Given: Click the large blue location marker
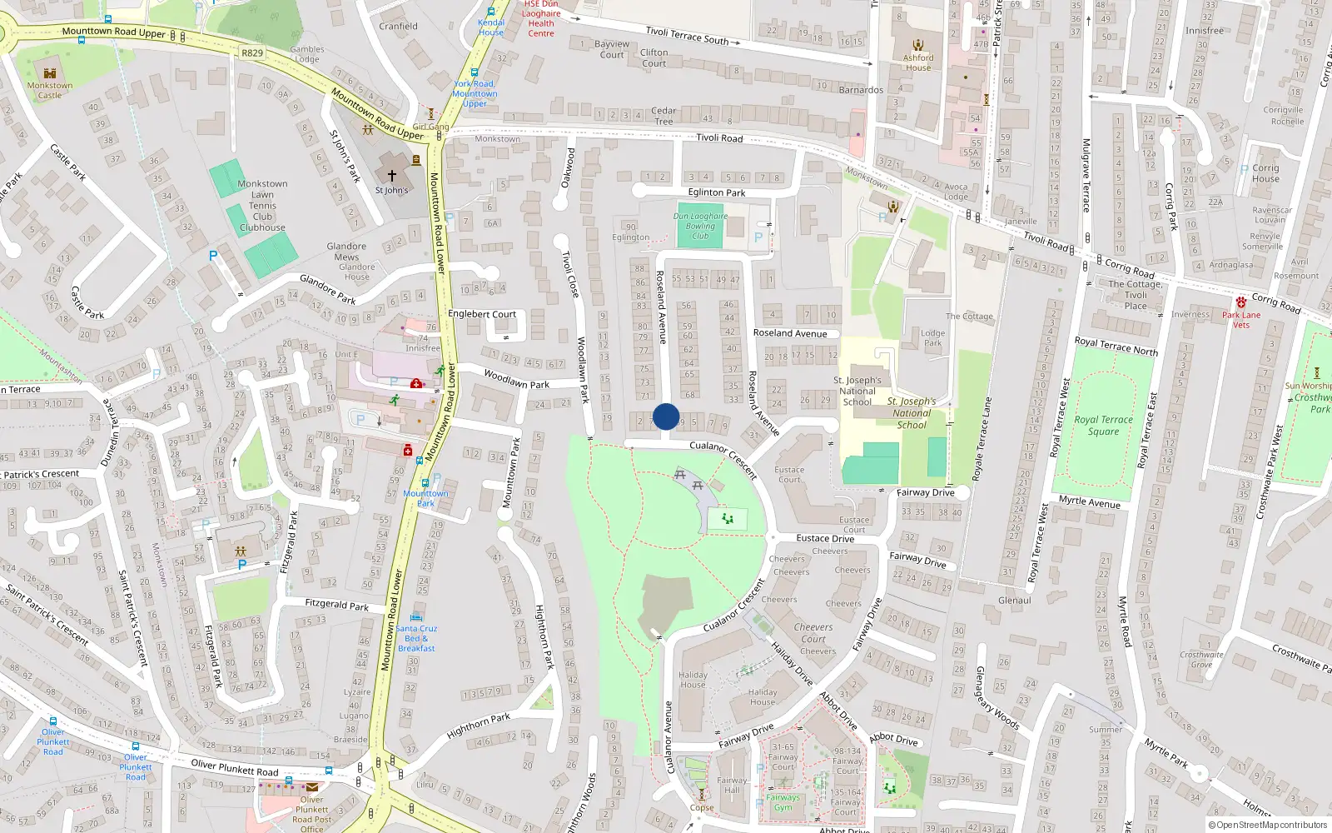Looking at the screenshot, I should (666, 416).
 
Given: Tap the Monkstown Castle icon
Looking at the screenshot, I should (49, 73).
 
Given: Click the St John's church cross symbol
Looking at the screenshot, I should (391, 176).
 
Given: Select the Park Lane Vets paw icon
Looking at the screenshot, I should (1240, 302).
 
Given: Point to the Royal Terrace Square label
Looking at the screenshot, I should (1103, 425).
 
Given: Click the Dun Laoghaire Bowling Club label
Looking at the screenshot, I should (700, 226).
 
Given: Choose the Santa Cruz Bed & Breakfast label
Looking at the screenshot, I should (416, 638).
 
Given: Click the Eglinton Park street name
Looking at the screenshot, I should (716, 192).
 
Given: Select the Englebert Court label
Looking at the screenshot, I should (482, 314).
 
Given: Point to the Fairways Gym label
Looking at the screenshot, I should (783, 802).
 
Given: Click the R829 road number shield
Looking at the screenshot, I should (252, 52).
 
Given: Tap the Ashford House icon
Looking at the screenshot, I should (918, 45).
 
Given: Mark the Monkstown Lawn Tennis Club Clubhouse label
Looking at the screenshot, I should (262, 206).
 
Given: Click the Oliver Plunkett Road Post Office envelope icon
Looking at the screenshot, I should (311, 786).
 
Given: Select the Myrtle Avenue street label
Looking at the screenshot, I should (1089, 501).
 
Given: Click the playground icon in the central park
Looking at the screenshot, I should (728, 519).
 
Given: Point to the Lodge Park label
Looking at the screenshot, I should (932, 337).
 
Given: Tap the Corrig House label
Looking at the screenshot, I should (1265, 172).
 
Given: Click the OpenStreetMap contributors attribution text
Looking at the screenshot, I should (1268, 825).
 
